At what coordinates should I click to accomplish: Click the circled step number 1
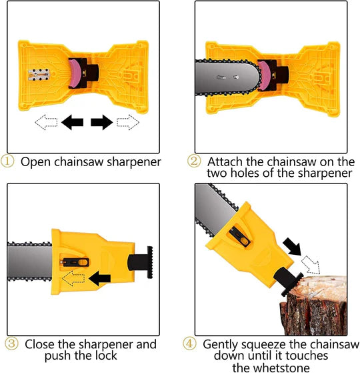coord(9,161)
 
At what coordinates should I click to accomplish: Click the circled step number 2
coord(194,161)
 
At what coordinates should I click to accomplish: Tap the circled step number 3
coord(11,344)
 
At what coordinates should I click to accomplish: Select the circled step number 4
coord(190,344)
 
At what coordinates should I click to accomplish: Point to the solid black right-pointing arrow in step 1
coord(101,122)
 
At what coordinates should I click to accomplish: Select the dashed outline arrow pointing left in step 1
coord(45,122)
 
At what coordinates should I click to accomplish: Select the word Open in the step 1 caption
coord(35,161)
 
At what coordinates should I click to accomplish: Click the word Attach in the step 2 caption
coord(225,161)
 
